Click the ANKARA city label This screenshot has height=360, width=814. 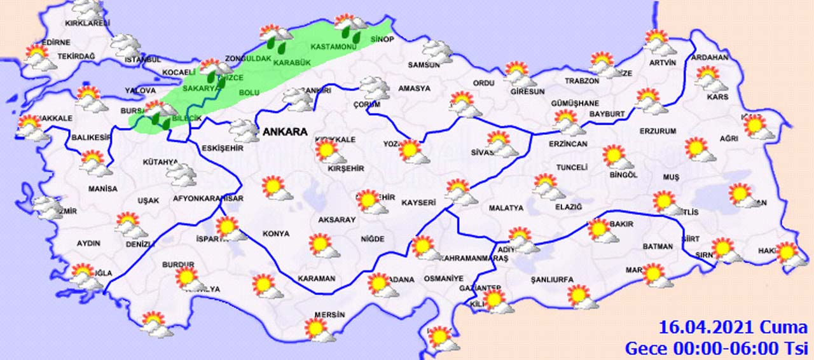284,132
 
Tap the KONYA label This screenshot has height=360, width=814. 276,233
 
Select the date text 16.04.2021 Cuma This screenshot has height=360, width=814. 733,328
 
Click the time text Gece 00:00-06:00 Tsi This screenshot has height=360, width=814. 716,348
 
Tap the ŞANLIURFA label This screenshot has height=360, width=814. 552,279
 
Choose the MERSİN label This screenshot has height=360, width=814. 329,315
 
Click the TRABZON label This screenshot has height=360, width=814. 582,81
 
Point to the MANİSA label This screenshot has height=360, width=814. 103,189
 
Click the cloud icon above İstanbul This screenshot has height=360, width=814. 125,46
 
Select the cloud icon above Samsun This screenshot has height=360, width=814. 437,51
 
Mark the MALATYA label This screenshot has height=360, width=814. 506,208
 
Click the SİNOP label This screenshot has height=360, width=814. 382,39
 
